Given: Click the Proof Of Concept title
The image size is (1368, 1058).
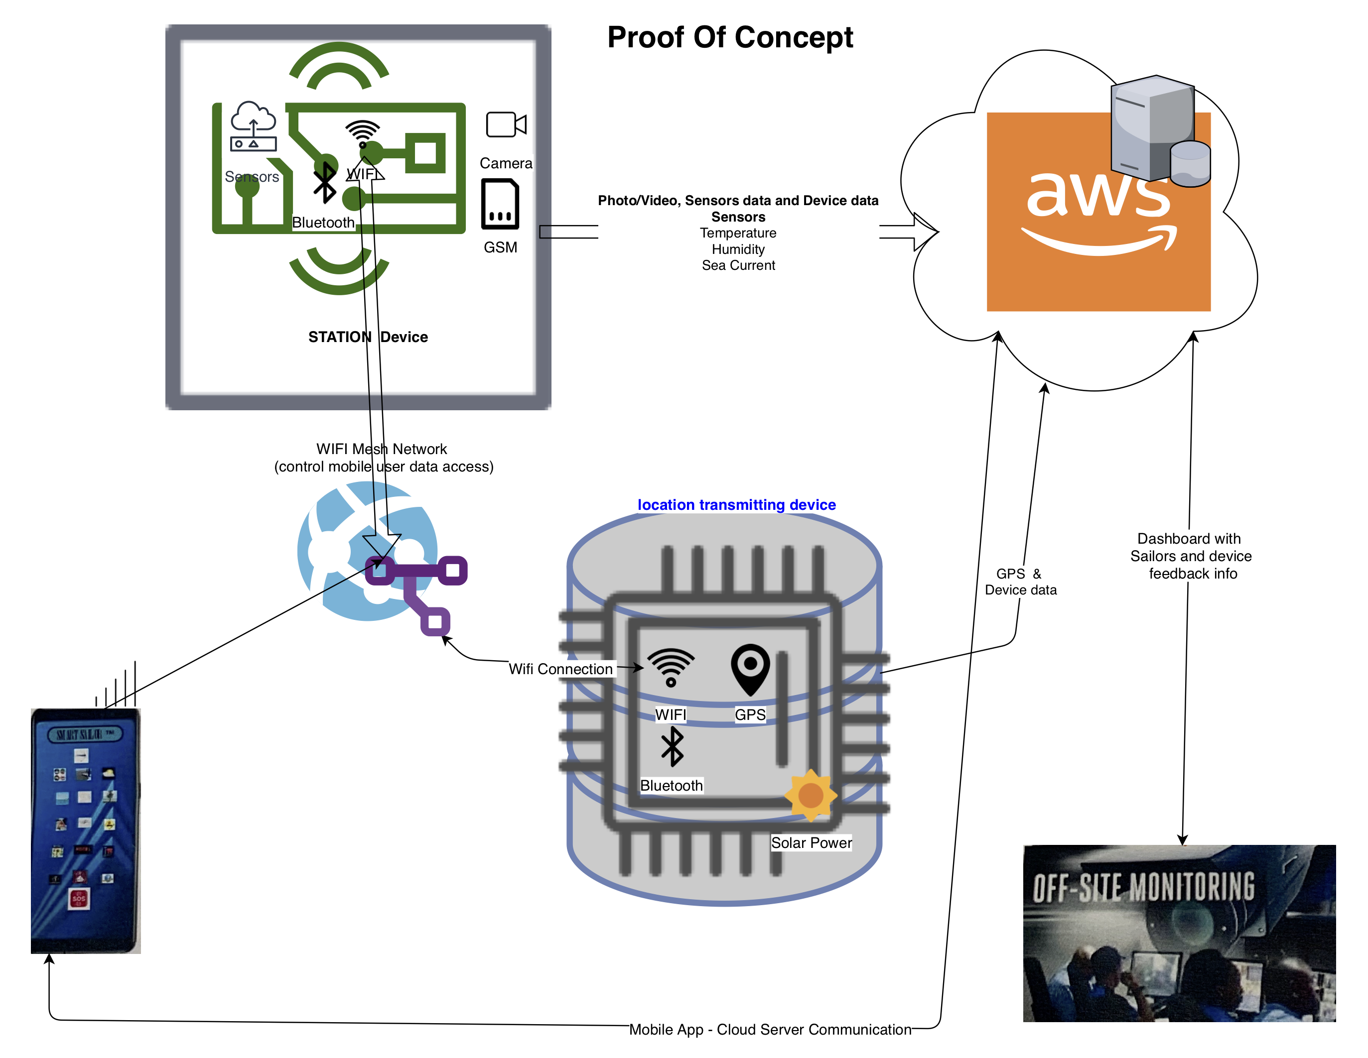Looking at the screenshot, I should click(x=730, y=37).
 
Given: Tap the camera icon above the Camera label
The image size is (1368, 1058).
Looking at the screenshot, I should click(x=506, y=124).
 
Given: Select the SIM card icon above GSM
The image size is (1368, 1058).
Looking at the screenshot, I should click(x=500, y=204).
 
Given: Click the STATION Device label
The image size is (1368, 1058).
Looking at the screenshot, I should click(x=368, y=337).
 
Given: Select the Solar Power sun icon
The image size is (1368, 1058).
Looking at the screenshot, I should click(x=811, y=795).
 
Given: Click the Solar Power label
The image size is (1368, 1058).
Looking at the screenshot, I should click(x=811, y=842).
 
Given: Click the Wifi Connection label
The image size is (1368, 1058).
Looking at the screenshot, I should click(x=560, y=669).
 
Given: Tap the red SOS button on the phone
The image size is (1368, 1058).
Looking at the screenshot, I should click(x=79, y=898).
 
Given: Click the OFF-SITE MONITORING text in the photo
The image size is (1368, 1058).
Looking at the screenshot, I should click(x=1143, y=887).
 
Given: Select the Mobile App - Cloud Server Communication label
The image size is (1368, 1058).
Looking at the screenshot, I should click(x=770, y=1029).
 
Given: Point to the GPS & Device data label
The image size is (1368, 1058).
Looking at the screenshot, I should click(x=1020, y=582).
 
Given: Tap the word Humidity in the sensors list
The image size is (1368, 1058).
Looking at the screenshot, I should click(x=738, y=249).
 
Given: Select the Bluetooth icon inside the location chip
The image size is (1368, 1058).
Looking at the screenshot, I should click(x=672, y=746).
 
